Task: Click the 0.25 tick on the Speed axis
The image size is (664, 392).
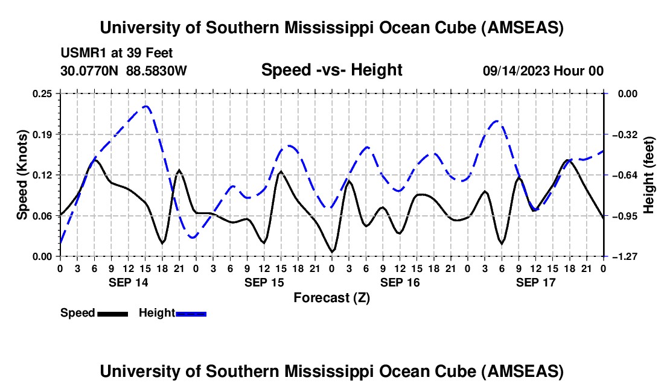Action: click(43, 93)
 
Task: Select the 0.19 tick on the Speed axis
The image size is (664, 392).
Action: click(43, 134)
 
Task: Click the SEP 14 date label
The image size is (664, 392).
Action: click(129, 282)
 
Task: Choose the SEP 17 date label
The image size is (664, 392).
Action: click(536, 282)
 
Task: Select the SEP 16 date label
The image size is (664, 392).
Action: click(400, 282)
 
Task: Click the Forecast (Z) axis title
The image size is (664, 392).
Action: click(332, 297)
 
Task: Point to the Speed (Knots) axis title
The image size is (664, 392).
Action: click(22, 175)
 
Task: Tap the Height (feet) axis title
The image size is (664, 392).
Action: click(649, 175)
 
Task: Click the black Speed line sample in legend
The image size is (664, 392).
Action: click(112, 313)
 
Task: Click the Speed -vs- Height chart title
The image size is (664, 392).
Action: click(331, 70)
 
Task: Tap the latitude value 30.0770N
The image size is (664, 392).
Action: click(91, 71)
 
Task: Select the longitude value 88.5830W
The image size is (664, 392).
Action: click(156, 71)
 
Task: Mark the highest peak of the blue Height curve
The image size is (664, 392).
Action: click(145, 107)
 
